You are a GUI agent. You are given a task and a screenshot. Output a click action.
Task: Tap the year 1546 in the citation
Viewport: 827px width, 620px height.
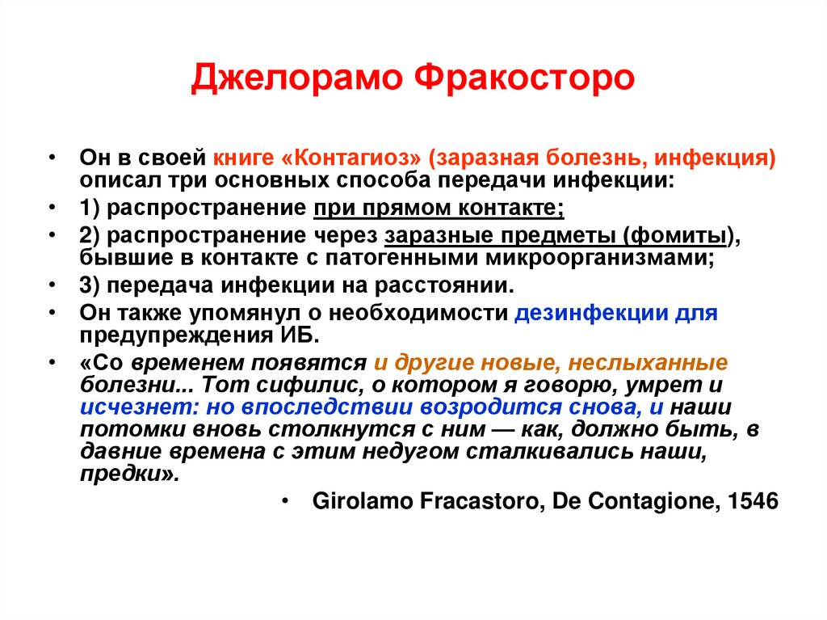pos(752,502)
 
